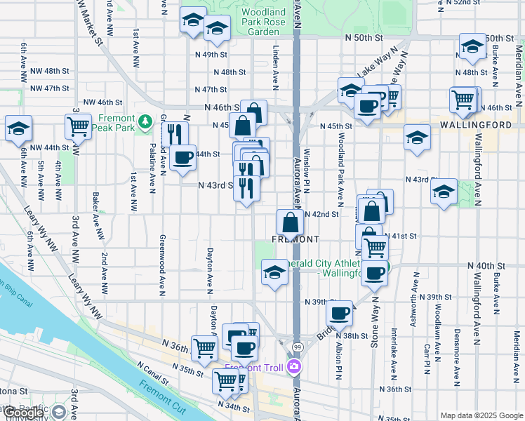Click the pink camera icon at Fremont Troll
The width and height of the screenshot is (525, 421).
(294, 366)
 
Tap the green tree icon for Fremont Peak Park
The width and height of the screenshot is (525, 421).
(145, 123)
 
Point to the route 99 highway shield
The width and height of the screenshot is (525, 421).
(298, 347)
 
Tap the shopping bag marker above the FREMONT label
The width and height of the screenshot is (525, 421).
(290, 224)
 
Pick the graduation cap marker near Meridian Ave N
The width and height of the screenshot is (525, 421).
(473, 47)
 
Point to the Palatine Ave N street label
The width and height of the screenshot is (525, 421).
(152, 165)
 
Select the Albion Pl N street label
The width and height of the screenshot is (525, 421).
(338, 365)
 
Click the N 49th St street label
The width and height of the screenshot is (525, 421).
(211, 54)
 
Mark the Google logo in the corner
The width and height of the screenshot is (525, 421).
(24, 413)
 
